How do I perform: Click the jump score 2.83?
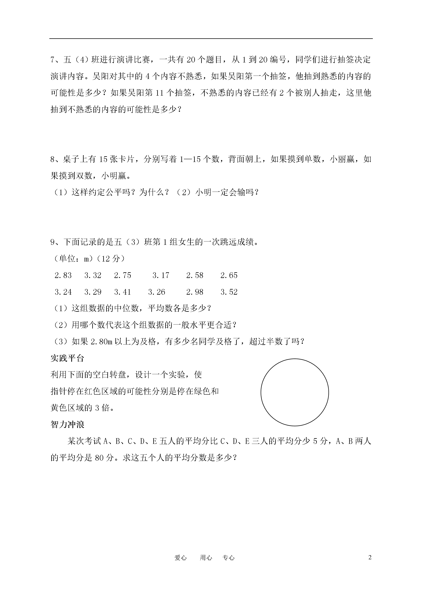pos(63,275)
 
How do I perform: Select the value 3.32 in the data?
pos(93,275)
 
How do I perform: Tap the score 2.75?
pos(122,275)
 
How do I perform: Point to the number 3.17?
pos(161,275)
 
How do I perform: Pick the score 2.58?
pos(195,275)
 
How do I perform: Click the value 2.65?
pos(229,275)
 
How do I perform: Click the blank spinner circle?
pos(295,392)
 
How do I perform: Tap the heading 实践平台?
pos(67,358)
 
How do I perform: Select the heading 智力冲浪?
pos(67,425)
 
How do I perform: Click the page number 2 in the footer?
pos(370,558)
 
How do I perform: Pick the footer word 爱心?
pos(181,558)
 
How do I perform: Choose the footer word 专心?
pos(228,558)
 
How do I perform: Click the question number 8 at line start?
pos(53,159)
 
